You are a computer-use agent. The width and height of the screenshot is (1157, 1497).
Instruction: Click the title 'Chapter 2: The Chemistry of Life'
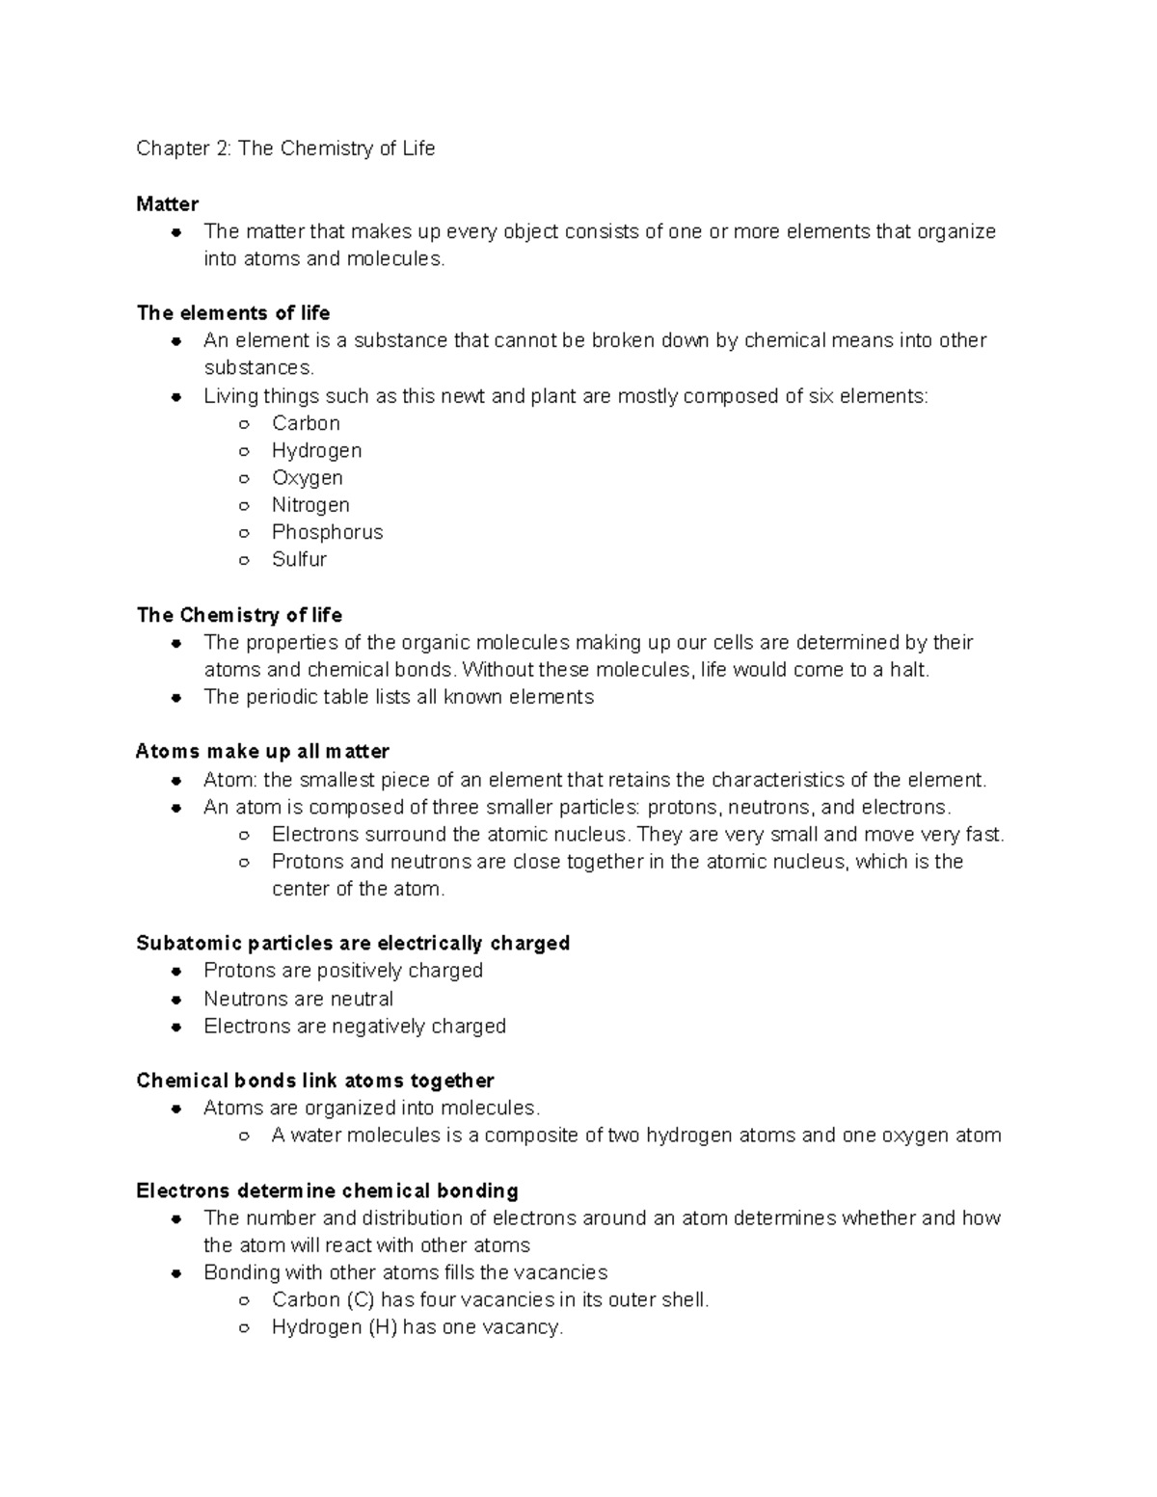pos(285,148)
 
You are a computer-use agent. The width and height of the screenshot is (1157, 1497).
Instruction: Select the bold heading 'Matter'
pos(167,203)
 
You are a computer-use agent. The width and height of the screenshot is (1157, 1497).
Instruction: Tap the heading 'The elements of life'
pos(233,312)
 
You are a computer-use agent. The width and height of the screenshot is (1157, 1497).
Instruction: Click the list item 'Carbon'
pos(306,423)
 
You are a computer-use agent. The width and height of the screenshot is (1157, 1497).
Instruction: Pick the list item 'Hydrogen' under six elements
pos(316,450)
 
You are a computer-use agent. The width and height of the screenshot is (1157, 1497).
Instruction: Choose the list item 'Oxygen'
pos(307,477)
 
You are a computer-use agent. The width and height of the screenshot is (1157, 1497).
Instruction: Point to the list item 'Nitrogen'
pos(310,504)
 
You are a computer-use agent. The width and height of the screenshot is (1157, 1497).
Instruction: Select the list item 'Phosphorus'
pos(327,532)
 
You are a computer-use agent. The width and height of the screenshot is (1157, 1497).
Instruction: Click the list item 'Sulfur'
pos(299,559)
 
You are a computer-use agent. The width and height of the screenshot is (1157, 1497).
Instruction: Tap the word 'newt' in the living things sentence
pos(463,395)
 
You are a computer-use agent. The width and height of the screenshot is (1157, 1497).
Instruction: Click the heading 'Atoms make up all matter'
pos(262,751)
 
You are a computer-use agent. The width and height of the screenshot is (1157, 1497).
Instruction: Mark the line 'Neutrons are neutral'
pos(298,999)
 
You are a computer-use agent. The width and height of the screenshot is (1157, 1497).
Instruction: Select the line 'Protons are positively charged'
pos(342,970)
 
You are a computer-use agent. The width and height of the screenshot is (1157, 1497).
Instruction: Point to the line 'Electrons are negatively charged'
pos(354,1026)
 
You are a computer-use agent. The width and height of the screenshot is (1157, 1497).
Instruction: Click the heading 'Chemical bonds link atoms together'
pos(314,1081)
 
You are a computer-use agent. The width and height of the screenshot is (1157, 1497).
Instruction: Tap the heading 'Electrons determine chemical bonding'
pos(327,1190)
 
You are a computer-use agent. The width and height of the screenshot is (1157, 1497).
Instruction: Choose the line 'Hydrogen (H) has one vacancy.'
pos(417,1327)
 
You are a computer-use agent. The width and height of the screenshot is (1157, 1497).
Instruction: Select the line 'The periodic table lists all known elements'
pos(398,697)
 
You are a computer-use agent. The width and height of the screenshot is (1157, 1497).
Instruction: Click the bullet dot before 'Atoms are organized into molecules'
pos(176,1109)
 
